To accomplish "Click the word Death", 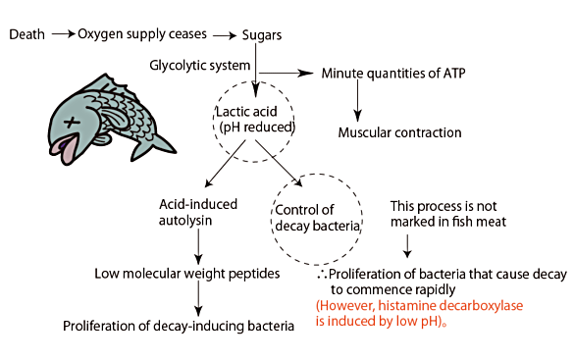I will [x=27, y=35].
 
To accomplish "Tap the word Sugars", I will [x=264, y=35].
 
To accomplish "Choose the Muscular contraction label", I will [x=398, y=132].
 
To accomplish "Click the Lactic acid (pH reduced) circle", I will [x=256, y=124].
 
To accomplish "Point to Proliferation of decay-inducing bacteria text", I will [x=179, y=326].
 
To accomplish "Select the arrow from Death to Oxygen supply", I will [x=65, y=35].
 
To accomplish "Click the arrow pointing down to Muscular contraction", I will [x=358, y=100].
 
